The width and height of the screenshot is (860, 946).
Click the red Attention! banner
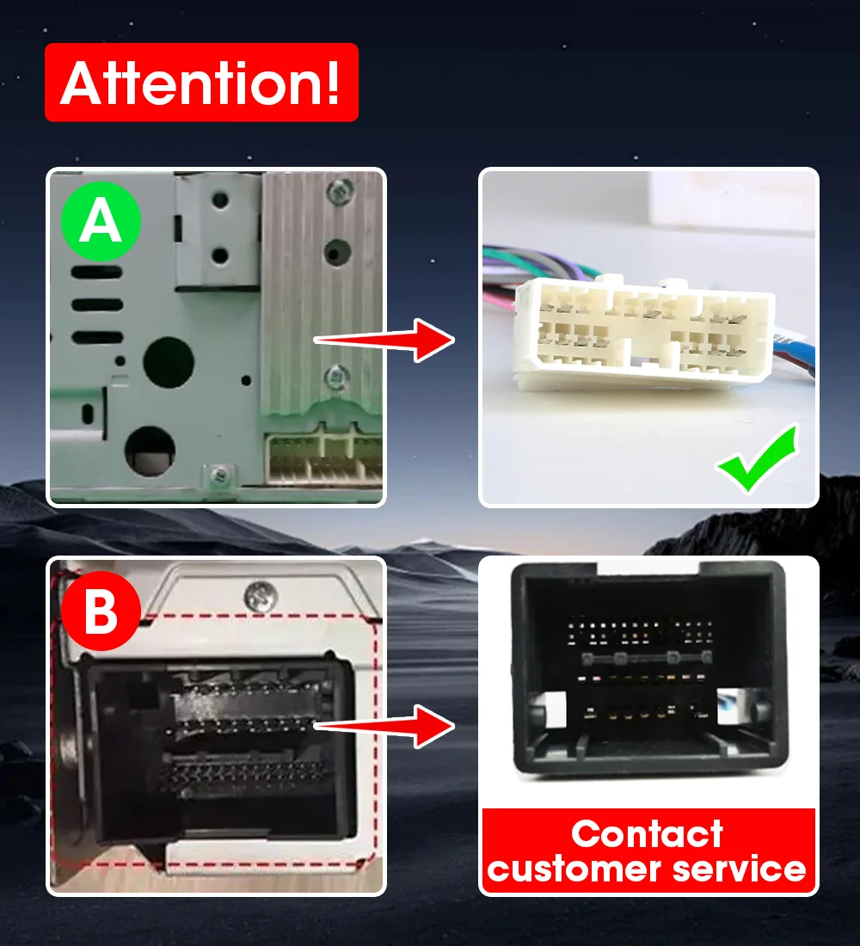point(201,82)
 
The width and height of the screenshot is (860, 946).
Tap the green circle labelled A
point(101,221)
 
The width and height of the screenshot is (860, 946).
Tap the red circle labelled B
point(101,611)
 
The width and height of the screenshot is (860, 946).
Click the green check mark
point(757,458)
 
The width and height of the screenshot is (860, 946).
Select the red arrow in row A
point(384,341)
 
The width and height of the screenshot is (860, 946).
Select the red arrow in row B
point(384,727)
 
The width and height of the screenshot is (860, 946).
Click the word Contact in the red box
point(647,834)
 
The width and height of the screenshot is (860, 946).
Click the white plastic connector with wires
point(642,330)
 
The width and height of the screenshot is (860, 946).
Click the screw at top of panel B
point(261,596)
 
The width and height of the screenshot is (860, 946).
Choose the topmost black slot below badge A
point(96,273)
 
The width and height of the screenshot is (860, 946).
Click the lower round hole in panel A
point(150,451)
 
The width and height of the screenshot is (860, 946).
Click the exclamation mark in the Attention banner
point(333,83)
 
